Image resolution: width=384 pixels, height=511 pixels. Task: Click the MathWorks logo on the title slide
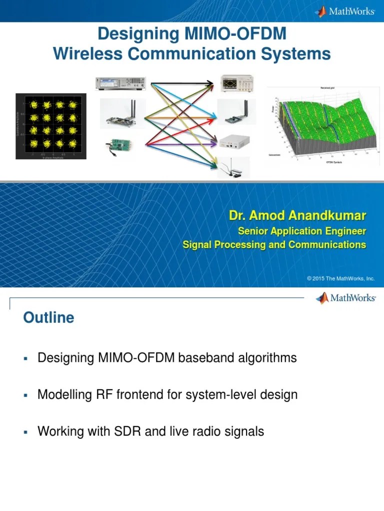(344, 11)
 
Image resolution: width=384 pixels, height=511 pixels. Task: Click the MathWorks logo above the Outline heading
(345, 298)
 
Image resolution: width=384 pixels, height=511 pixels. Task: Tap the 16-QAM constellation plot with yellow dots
(51, 126)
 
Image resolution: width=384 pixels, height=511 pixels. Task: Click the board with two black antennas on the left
(122, 114)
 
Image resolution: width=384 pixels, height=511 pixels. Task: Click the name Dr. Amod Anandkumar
(297, 216)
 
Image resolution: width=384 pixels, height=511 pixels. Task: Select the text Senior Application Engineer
(301, 231)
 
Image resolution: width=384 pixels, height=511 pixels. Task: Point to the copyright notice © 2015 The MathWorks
(340, 278)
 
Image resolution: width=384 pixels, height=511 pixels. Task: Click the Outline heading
(48, 318)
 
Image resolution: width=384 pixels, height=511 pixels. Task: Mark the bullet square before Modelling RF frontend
(25, 395)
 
